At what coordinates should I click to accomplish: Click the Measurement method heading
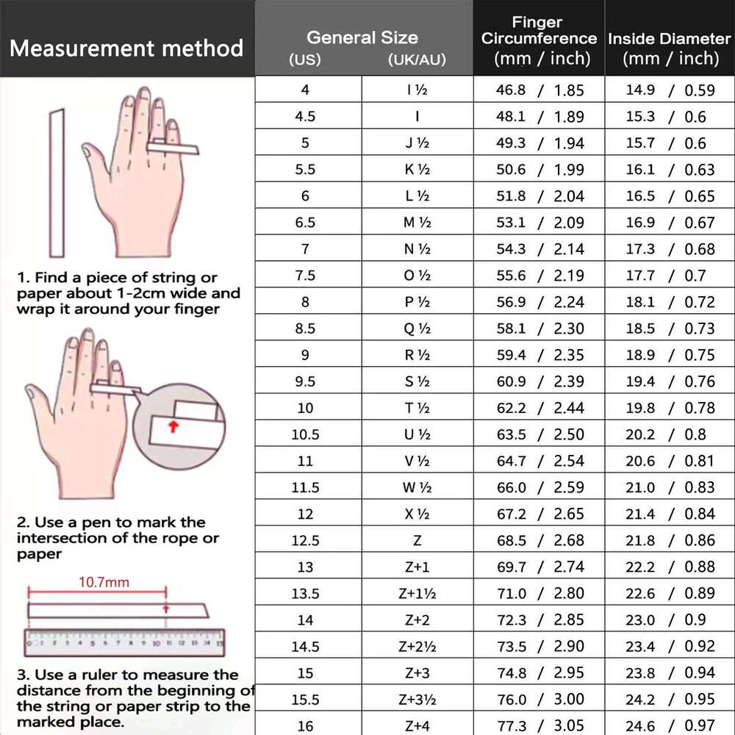click(x=126, y=49)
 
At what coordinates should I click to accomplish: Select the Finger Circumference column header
click(x=539, y=40)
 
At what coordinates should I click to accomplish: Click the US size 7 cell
click(x=305, y=249)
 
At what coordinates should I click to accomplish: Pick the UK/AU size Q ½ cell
click(x=417, y=329)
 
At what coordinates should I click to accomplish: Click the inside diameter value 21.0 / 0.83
click(x=670, y=487)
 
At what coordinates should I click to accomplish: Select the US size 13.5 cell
click(x=305, y=593)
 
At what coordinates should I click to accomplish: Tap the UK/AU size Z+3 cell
click(x=417, y=673)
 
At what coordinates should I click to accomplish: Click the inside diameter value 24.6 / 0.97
click(x=670, y=725)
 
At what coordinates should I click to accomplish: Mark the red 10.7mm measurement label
click(x=104, y=583)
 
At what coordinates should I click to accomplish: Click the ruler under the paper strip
click(x=125, y=642)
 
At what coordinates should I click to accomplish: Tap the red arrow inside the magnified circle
click(x=173, y=427)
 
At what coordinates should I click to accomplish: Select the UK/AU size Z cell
click(x=417, y=540)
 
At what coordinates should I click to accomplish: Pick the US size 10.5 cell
click(x=305, y=434)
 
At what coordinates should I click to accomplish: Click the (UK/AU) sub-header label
click(x=417, y=60)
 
